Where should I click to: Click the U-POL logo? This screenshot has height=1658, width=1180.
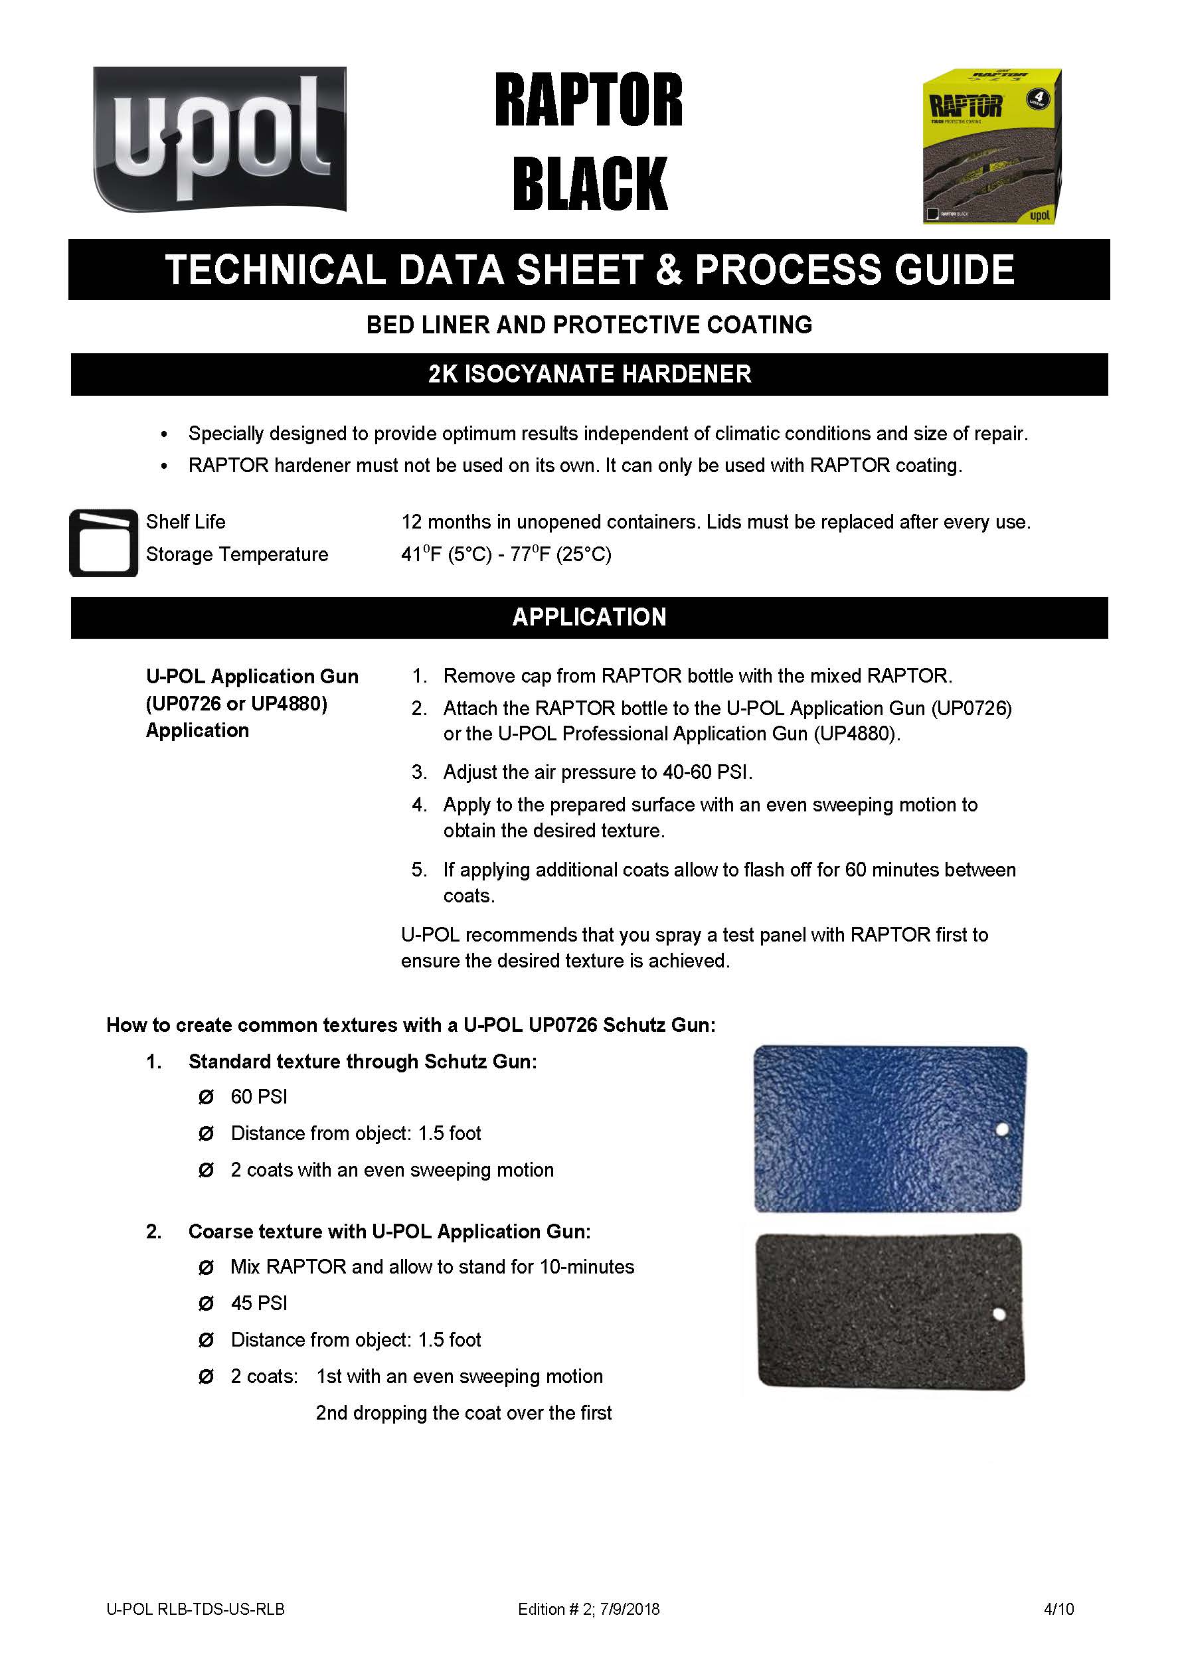pyautogui.click(x=219, y=139)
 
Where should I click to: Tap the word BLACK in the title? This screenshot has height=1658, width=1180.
pyautogui.click(x=589, y=183)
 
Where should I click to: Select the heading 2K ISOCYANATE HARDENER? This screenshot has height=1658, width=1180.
pyautogui.click(x=589, y=374)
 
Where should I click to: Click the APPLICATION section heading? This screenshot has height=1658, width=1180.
pyautogui.click(x=589, y=617)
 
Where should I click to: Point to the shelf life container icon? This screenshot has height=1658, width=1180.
pyautogui.click(x=103, y=542)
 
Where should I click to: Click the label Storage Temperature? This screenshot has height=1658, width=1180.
pyautogui.click(x=237, y=554)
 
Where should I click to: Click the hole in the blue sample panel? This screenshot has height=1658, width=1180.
pyautogui.click(x=1002, y=1129)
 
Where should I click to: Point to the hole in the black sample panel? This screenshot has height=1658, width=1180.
pyautogui.click(x=999, y=1313)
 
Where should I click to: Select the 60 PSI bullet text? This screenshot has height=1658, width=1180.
pyautogui.click(x=259, y=1096)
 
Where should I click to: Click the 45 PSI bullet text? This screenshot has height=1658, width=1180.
pyautogui.click(x=259, y=1303)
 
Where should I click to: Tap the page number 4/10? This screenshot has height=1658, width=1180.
pyautogui.click(x=1058, y=1609)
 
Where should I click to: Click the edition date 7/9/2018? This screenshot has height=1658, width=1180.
pyautogui.click(x=630, y=1609)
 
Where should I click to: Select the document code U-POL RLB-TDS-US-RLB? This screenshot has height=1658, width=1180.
pyautogui.click(x=195, y=1609)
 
